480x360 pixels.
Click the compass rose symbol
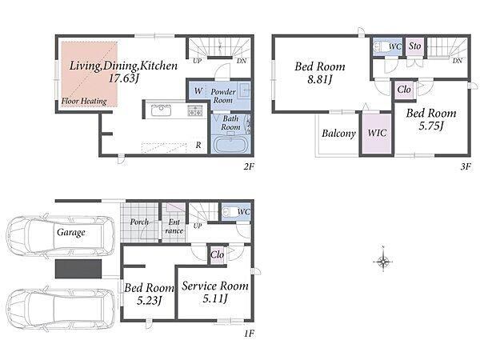383,262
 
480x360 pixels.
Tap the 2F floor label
249,166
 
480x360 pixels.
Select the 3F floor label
466,166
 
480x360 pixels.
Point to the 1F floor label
249,333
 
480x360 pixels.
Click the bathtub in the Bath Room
230,145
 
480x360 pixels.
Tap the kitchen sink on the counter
161,110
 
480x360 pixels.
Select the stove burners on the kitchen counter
195,110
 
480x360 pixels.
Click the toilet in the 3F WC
380,47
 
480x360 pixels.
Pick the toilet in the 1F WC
229,211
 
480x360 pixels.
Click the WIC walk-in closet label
377,133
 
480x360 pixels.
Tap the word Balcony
338,134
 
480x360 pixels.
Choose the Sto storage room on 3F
414,46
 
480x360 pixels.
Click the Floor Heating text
84,101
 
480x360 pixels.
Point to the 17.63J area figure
124,78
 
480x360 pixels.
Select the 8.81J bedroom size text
319,79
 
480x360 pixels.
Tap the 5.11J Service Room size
215,298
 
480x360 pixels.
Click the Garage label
71,233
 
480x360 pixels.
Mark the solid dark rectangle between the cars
78,269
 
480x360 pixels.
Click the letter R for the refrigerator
198,145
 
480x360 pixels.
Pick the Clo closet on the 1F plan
217,254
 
